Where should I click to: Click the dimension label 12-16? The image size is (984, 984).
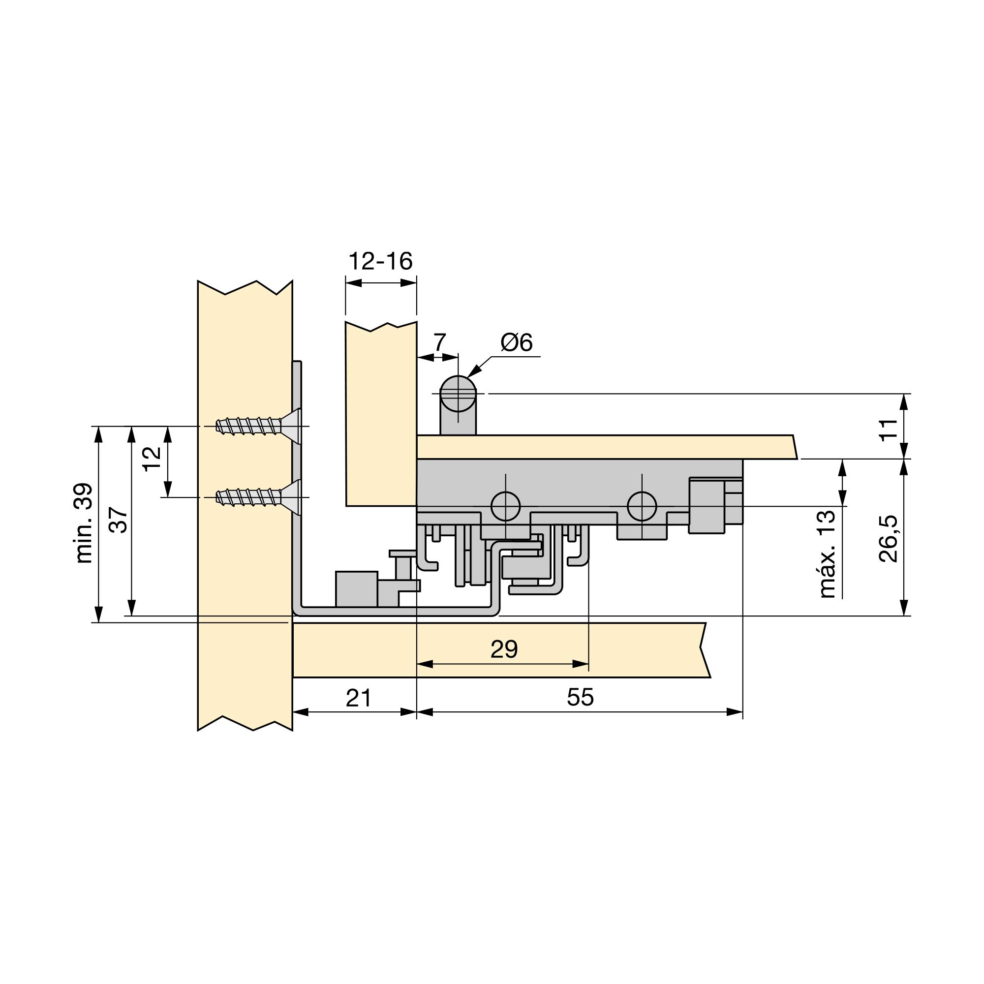coord(380,261)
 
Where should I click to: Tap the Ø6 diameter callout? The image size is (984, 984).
coord(516,342)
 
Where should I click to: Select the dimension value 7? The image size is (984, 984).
coord(439,342)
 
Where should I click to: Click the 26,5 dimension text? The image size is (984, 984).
coord(889,538)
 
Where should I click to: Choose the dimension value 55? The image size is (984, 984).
coord(580,697)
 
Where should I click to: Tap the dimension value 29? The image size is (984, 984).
coord(504,649)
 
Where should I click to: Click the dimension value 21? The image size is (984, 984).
coord(359,698)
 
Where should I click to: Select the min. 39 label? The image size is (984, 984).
coord(84,523)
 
